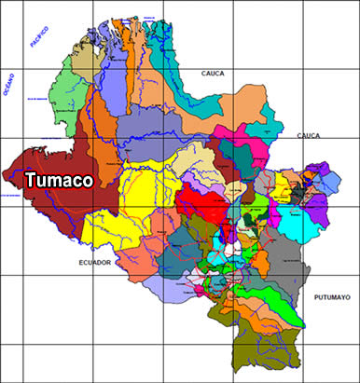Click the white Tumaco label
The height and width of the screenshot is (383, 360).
[x=58, y=180]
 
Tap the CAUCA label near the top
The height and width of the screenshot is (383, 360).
[x=216, y=73]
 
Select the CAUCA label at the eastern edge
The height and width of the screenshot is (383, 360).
[x=308, y=136]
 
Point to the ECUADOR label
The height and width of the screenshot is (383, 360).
[x=94, y=264]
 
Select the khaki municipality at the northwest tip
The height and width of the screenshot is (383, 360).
[x=84, y=56]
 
